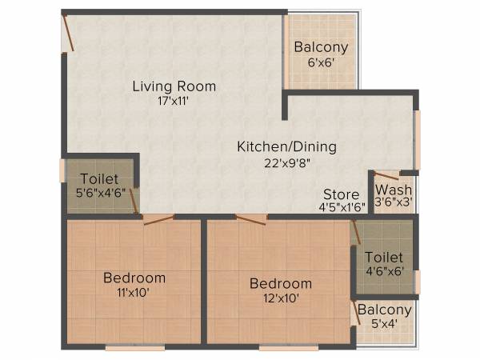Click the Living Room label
tap(174, 86)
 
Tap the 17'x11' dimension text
tap(174, 102)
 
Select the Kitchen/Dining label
tap(286, 146)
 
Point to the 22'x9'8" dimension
tap(286, 162)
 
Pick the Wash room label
tap(394, 190)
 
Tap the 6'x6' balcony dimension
tap(319, 62)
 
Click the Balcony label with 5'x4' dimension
tap(385, 310)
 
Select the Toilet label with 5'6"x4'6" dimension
tap(98, 178)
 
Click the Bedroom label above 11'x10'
tap(134, 278)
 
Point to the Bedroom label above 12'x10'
tap(280, 283)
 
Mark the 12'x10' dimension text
tap(280, 299)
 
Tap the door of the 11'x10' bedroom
tap(158, 219)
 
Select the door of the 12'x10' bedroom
tap(251, 219)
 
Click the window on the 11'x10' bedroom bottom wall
tap(134, 348)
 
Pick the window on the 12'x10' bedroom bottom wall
tap(288, 348)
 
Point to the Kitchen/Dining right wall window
tap(416, 139)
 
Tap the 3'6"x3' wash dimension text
tap(394, 204)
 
